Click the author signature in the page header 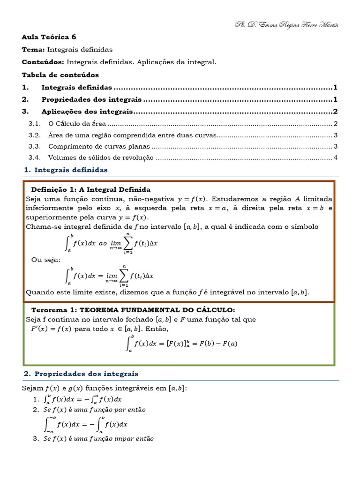286,24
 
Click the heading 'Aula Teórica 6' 49,37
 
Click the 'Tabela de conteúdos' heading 60,75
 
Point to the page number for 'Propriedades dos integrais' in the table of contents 336,99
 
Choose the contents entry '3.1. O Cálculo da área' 77,124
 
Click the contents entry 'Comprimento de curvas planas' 99,146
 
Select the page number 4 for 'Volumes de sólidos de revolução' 336,158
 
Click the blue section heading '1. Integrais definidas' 66,170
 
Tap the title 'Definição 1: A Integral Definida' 90,190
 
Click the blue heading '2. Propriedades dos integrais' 81,374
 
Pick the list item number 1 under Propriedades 36,399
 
